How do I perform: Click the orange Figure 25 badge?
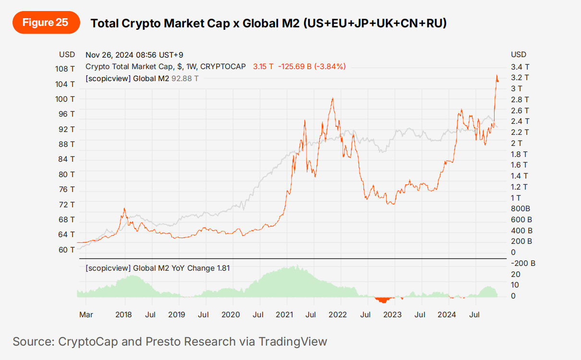pyautogui.click(x=46, y=23)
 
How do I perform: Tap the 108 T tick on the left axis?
pyautogui.click(x=65, y=69)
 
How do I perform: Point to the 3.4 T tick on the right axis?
pyautogui.click(x=520, y=67)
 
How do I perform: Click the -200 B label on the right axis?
pyautogui.click(x=523, y=263)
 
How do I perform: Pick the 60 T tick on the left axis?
pyautogui.click(x=66, y=250)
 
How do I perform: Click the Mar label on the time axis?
pyautogui.click(x=86, y=315)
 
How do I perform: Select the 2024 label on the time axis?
pyautogui.click(x=448, y=315)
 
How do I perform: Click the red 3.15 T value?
pyautogui.click(x=263, y=67)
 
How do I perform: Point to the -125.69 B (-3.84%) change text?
pyautogui.click(x=312, y=67)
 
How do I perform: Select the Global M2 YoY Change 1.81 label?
pyautogui.click(x=157, y=268)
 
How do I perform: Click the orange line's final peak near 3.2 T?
pyautogui.click(x=496, y=76)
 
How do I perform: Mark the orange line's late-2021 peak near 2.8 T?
pyautogui.click(x=332, y=99)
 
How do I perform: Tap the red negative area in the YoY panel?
pyautogui.click(x=383, y=300)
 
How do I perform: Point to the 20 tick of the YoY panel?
pyautogui.click(x=515, y=274)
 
